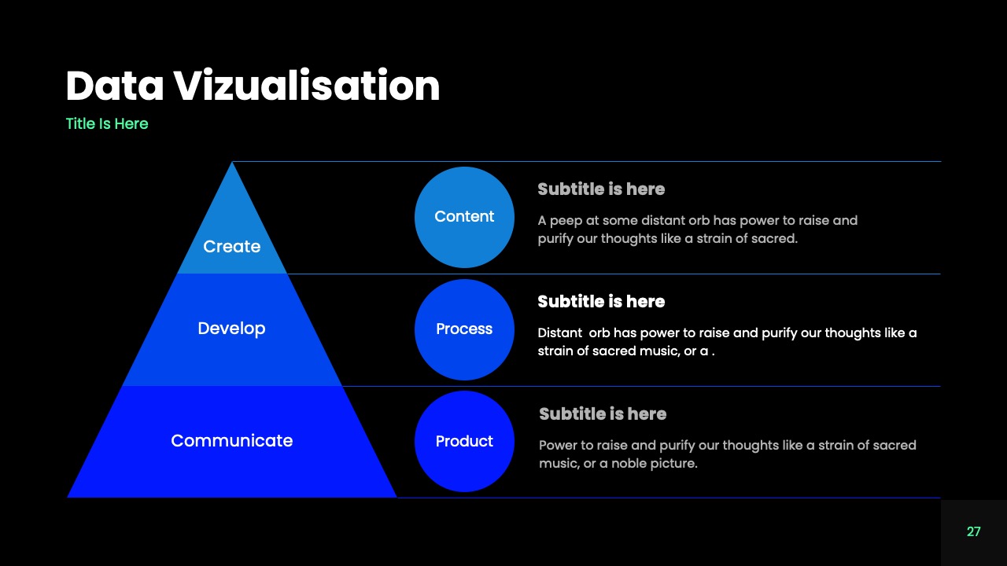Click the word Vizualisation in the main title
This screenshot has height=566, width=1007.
click(x=307, y=86)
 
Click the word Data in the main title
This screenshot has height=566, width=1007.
click(x=115, y=86)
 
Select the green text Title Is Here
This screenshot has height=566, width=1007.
click(x=107, y=123)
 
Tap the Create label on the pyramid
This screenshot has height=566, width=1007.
click(x=231, y=246)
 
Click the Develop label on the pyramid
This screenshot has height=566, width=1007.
click(x=231, y=328)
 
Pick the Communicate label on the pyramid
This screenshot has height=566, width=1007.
click(x=231, y=440)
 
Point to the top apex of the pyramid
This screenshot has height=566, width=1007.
click(x=232, y=164)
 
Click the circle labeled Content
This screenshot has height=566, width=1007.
click(x=464, y=217)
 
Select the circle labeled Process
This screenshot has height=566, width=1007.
click(x=464, y=329)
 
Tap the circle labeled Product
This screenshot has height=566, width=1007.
click(x=464, y=441)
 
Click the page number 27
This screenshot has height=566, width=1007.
click(x=973, y=532)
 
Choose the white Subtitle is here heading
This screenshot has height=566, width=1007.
click(x=601, y=302)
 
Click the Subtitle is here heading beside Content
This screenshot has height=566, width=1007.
click(x=601, y=189)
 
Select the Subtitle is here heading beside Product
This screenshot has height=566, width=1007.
click(x=603, y=414)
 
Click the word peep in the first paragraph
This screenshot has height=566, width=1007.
click(x=567, y=221)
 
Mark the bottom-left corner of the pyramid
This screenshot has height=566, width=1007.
click(x=68, y=496)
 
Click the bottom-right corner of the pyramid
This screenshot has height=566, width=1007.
click(x=396, y=496)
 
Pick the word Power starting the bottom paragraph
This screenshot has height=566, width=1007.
click(x=558, y=446)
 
